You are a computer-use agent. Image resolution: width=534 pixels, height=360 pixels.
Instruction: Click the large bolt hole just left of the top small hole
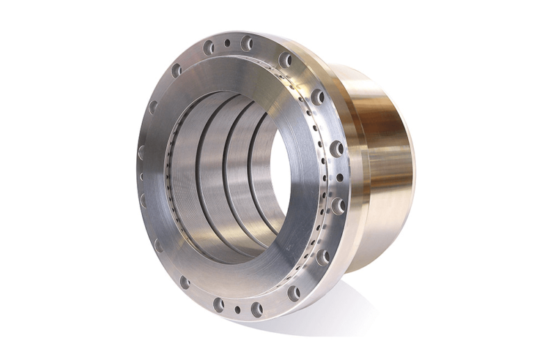coord(208,47)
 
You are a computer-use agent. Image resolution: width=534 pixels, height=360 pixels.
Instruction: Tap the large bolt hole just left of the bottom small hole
coord(218,304)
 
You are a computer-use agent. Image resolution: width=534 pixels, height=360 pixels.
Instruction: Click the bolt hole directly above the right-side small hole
coord(337,148)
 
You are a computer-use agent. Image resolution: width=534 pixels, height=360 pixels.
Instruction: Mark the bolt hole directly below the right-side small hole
coord(338,205)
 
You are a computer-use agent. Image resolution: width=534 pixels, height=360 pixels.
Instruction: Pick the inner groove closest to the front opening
coord(202,174)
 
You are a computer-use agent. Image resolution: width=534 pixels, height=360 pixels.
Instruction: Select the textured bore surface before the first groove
coord(182,174)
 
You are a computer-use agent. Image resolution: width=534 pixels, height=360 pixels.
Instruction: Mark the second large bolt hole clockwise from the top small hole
coord(285,60)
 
